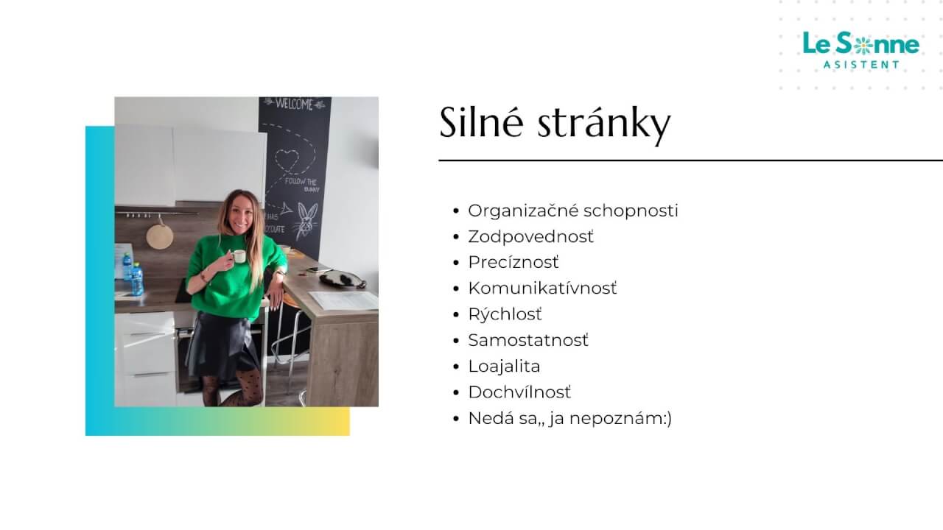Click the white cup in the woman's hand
tap(239, 256)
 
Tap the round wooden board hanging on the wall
tap(159, 236)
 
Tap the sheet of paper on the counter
tap(344, 300)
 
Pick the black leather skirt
tap(222, 344)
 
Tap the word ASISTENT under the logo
tap(861, 65)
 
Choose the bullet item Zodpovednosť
tap(530, 236)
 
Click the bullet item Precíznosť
tap(513, 262)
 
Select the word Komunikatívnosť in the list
tap(542, 288)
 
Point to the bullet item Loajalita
tap(504, 366)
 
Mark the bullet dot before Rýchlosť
tap(457, 314)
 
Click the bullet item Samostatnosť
tap(528, 340)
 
